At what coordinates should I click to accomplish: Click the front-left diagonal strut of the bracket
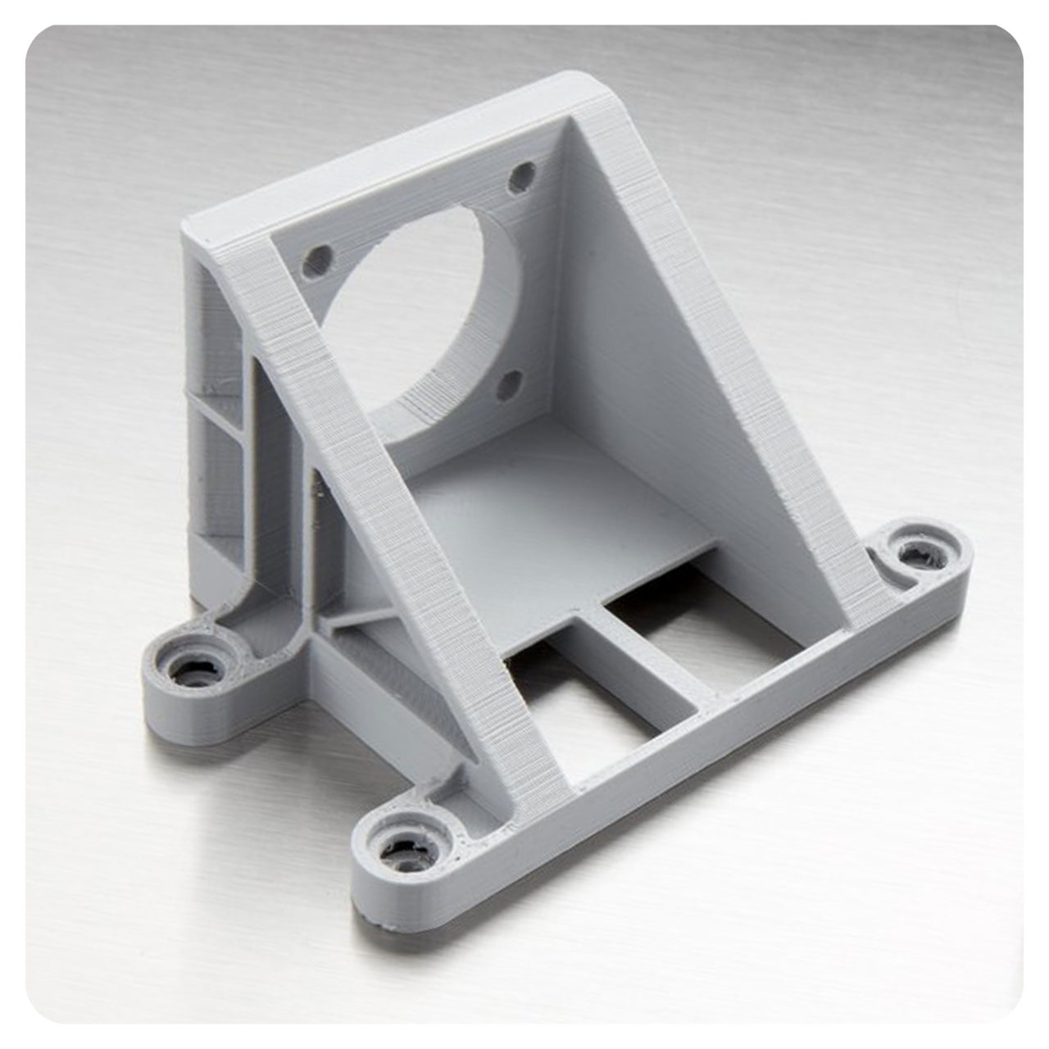coord(393,508)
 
